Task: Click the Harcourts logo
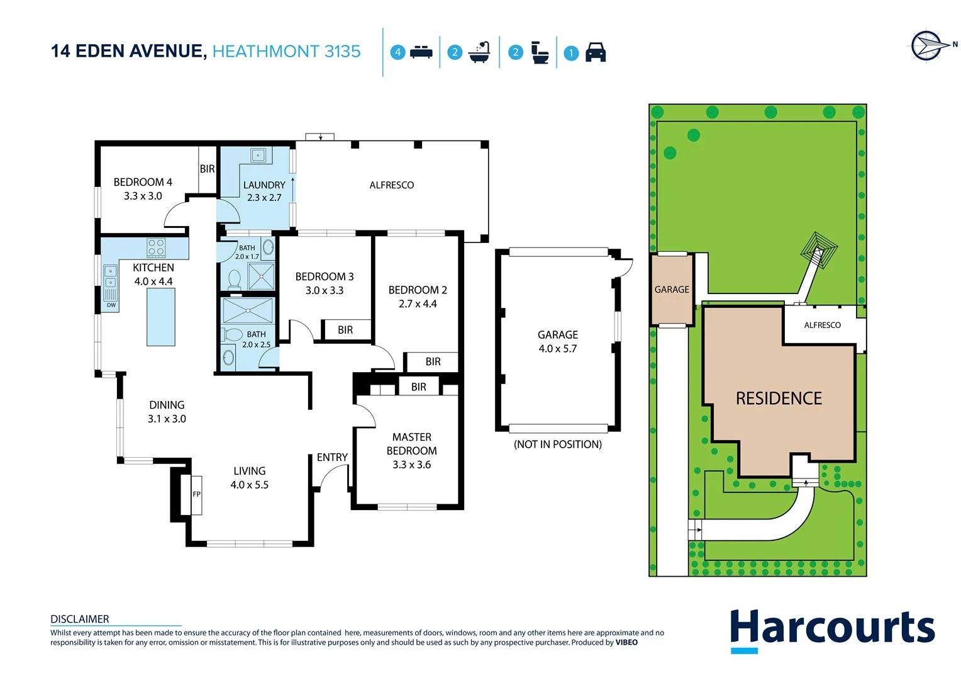pos(831,629)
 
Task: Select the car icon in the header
pos(595,52)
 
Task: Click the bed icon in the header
pos(421,52)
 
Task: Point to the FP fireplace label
pos(196,494)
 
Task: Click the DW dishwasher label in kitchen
pos(111,305)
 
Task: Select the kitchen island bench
pos(161,317)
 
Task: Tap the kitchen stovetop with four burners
pos(156,247)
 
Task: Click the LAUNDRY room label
pos(264,185)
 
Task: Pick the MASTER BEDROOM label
pos(411,444)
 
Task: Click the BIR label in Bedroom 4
pos(207,169)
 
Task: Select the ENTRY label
pos(332,457)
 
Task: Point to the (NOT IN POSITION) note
pos(557,445)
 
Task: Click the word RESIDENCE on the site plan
pos(779,399)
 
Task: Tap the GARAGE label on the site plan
pos(672,290)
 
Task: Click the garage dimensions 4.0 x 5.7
pos(557,349)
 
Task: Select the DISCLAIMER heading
pos(80,619)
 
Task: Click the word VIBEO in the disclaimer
pos(626,643)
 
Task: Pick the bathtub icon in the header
pos(479,52)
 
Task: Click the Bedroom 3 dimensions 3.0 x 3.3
pos(325,290)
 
